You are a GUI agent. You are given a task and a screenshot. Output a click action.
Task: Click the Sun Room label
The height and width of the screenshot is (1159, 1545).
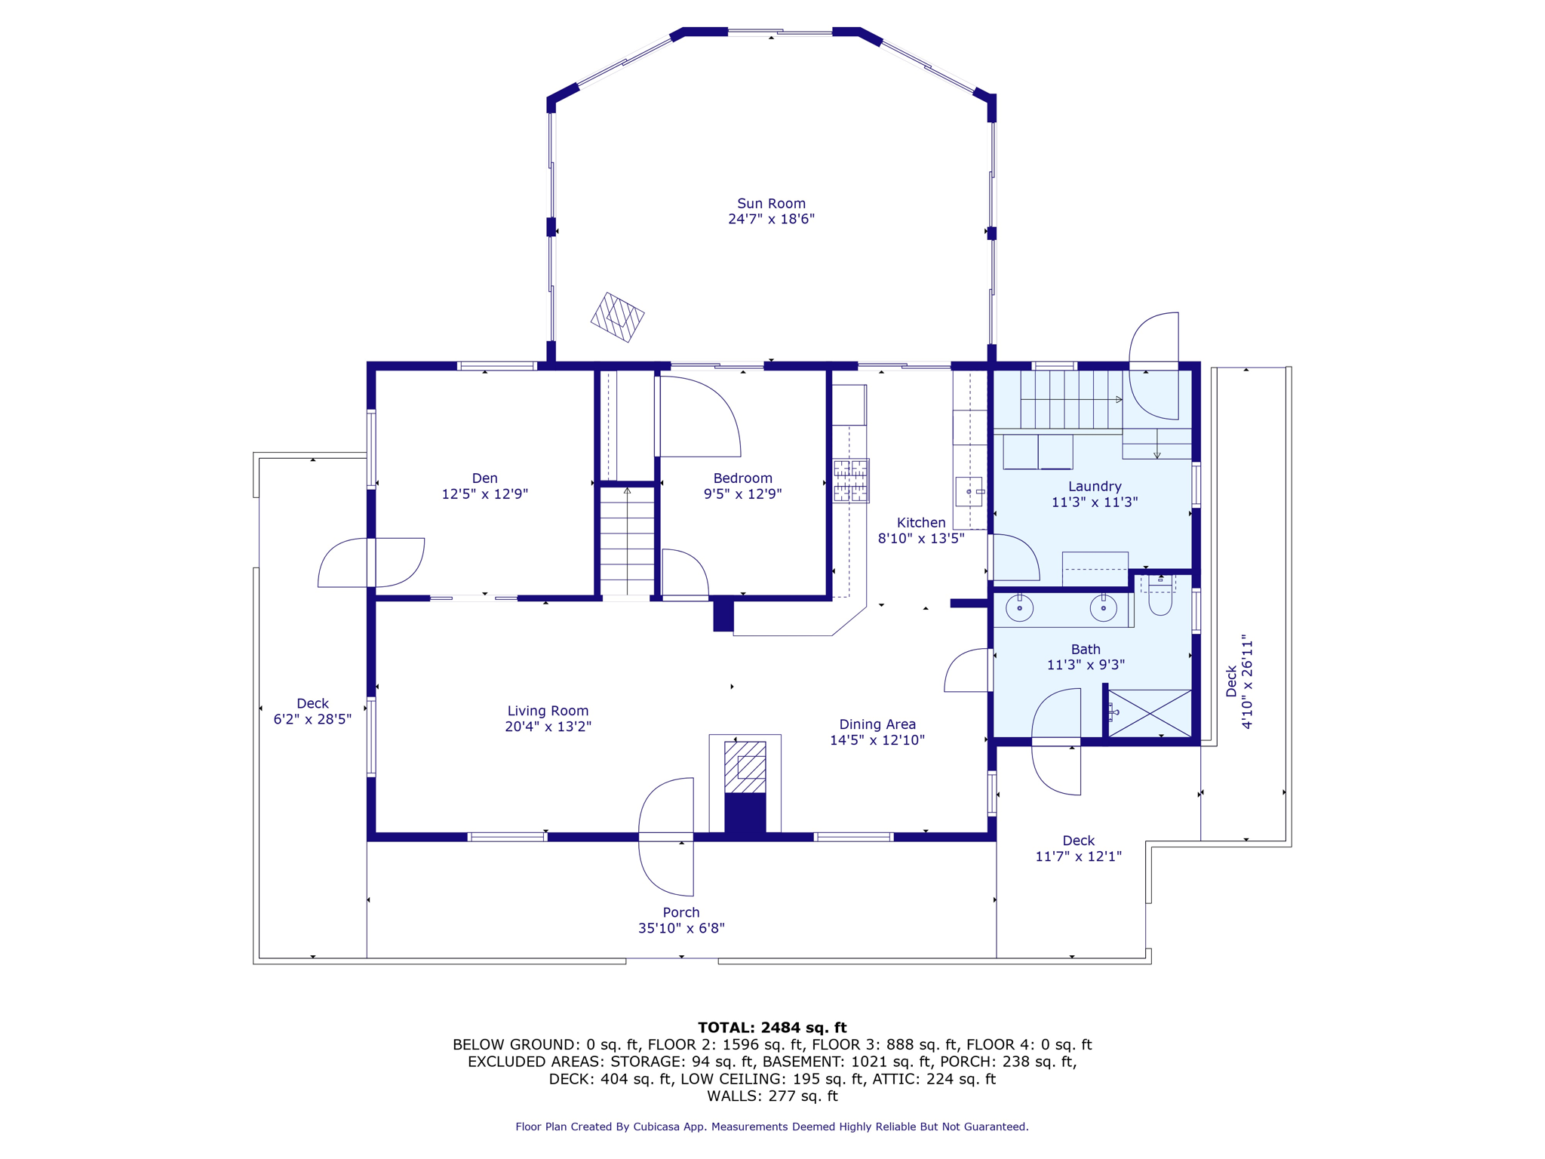click(x=771, y=204)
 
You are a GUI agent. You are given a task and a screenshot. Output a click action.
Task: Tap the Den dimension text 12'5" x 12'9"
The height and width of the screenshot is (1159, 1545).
click(x=484, y=494)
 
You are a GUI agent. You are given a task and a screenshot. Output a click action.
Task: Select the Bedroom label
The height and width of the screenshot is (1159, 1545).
click(x=742, y=478)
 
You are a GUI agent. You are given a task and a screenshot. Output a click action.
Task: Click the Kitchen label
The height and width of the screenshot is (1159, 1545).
click(x=920, y=522)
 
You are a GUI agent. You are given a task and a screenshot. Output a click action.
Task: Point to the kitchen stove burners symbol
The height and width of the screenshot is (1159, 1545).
click(x=851, y=481)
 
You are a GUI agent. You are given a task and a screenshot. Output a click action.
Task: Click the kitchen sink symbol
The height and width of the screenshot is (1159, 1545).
click(x=969, y=492)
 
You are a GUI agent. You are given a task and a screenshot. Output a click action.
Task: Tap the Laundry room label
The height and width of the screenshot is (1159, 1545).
click(x=1095, y=487)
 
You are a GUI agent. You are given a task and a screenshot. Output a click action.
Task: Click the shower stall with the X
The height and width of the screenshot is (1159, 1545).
click(x=1150, y=713)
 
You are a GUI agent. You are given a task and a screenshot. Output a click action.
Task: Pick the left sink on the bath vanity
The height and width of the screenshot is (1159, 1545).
click(x=1020, y=607)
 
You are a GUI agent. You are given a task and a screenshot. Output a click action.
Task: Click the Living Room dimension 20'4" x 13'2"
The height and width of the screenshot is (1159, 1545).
click(x=548, y=727)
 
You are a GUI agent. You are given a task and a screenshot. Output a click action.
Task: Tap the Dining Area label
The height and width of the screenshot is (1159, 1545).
click(x=877, y=724)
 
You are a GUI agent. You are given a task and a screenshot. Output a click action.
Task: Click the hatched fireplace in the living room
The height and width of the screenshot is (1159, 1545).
click(x=745, y=767)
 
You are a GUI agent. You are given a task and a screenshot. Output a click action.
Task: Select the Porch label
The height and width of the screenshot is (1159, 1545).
click(x=681, y=912)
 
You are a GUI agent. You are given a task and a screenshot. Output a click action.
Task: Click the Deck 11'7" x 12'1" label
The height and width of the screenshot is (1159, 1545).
click(x=1078, y=848)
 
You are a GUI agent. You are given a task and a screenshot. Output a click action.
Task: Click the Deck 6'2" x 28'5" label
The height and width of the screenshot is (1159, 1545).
click(x=312, y=712)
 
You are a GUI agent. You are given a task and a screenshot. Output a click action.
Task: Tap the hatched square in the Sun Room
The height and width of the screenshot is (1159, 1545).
click(x=617, y=318)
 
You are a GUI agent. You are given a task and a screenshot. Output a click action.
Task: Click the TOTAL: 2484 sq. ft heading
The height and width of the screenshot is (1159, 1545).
click(x=772, y=1028)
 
